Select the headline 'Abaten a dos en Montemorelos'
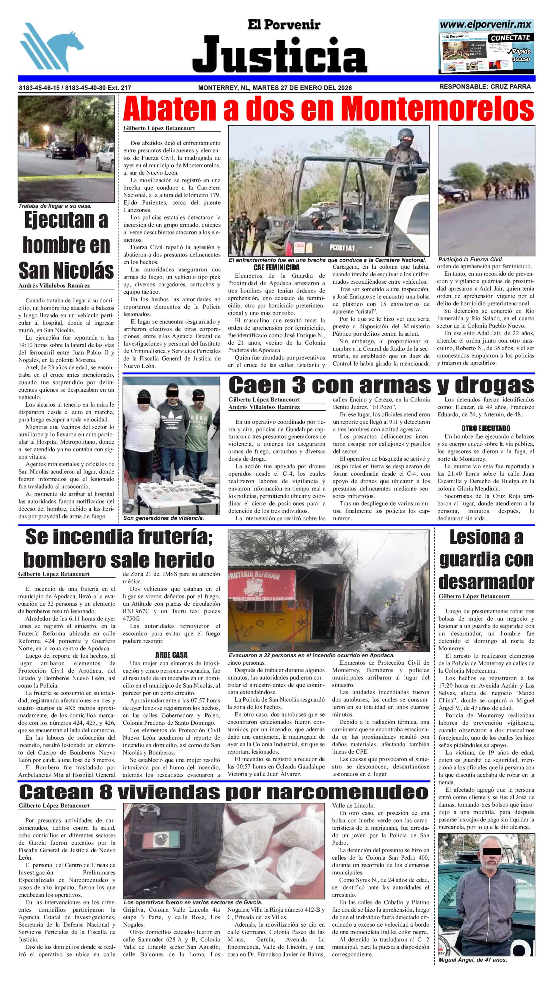click(x=328, y=109)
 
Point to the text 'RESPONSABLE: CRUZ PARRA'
click(x=485, y=87)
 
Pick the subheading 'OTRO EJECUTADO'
click(x=486, y=429)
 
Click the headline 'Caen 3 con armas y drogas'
click(x=381, y=385)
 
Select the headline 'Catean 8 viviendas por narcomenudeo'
click(x=224, y=792)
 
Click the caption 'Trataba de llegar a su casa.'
click(x=55, y=206)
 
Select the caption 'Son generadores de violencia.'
click(x=163, y=518)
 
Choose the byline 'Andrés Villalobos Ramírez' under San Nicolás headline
click(x=54, y=285)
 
